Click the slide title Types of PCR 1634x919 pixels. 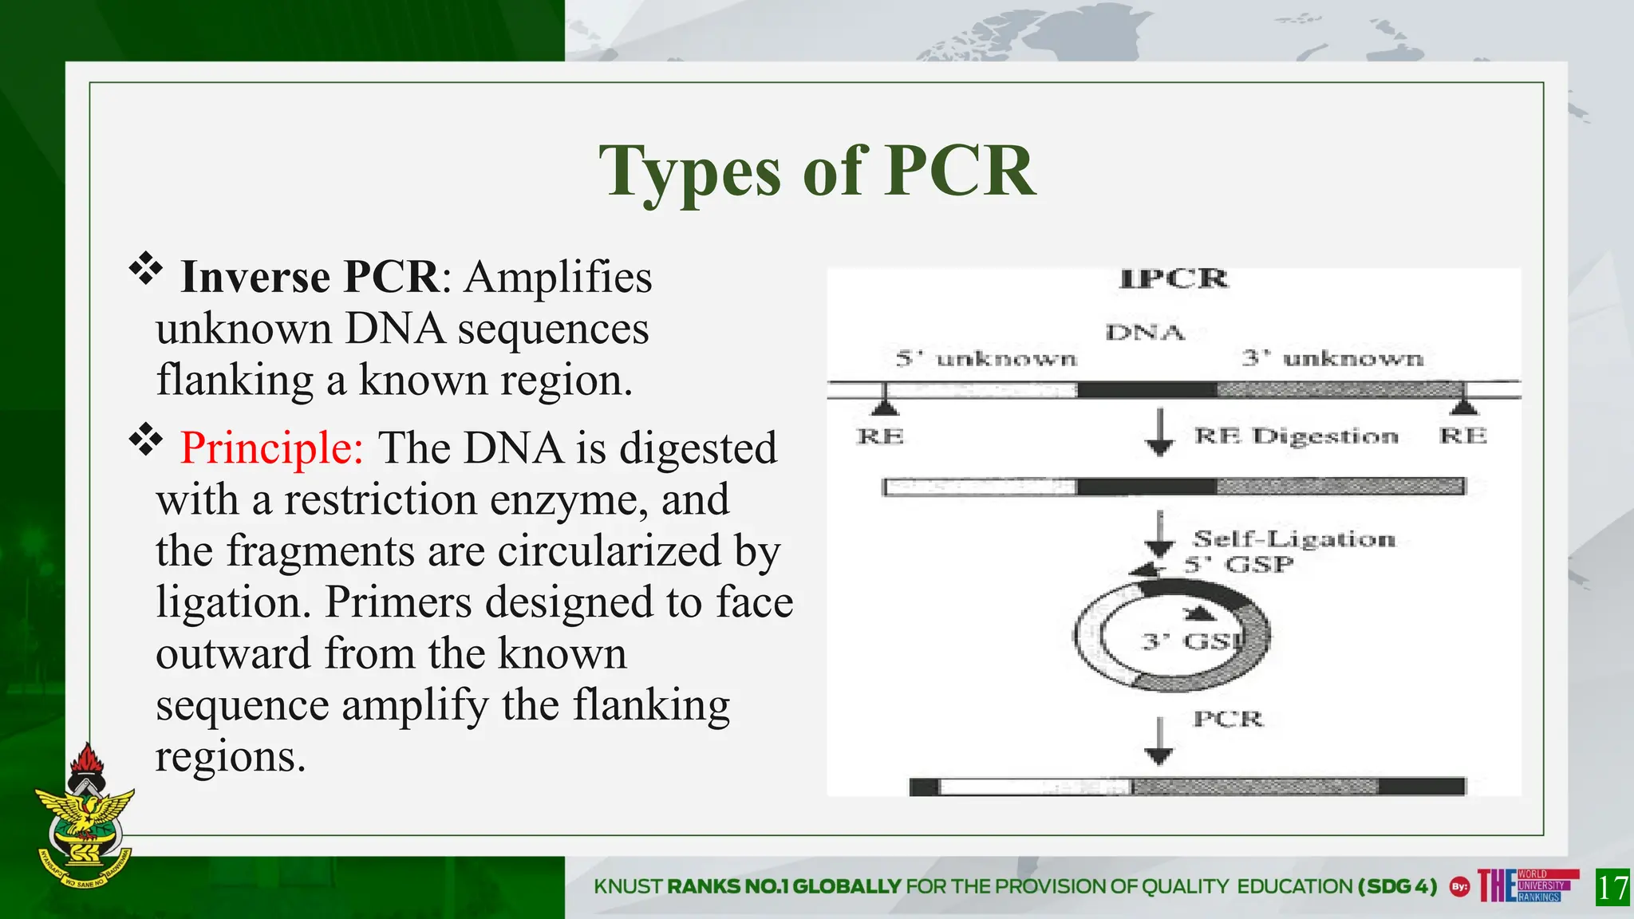point(817,172)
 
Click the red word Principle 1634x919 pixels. point(271,448)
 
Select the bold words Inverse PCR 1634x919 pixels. point(310,277)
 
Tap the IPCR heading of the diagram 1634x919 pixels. point(1174,279)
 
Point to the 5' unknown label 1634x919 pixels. point(986,359)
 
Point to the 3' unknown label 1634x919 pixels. point(1332,358)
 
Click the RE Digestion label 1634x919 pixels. point(1296,436)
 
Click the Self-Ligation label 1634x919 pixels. point(1294,539)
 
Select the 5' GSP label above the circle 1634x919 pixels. point(1238,565)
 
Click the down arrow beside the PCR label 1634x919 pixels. point(1159,743)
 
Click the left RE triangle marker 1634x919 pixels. point(884,407)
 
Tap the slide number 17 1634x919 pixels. point(1612,888)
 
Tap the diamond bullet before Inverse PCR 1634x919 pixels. point(146,269)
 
